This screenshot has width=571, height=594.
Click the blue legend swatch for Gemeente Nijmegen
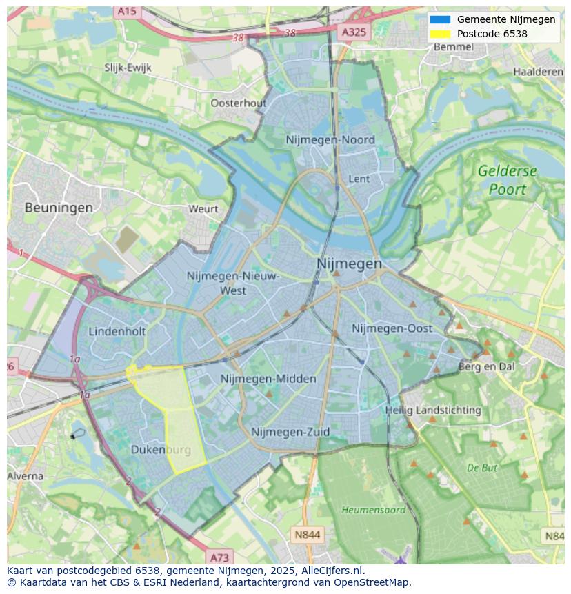click(439, 19)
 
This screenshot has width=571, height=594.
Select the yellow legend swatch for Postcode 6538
click(439, 34)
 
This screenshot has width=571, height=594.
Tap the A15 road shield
click(126, 11)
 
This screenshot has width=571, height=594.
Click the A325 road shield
click(355, 32)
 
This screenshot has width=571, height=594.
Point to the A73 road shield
click(219, 557)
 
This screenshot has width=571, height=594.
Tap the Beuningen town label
click(59, 207)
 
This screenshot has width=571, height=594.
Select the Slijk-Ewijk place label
click(128, 68)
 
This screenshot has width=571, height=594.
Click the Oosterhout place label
click(238, 103)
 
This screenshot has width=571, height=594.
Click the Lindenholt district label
click(117, 331)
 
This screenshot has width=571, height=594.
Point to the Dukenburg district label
click(161, 450)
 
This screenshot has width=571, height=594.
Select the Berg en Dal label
click(486, 367)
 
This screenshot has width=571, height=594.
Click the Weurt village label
click(203, 208)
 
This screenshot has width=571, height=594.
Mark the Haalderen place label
click(538, 72)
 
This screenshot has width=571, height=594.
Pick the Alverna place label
click(26, 476)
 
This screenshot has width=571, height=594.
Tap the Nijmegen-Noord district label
click(330, 140)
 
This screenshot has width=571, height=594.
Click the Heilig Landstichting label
click(433, 410)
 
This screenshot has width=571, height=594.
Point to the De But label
click(482, 468)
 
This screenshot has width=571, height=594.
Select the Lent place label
click(359, 179)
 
